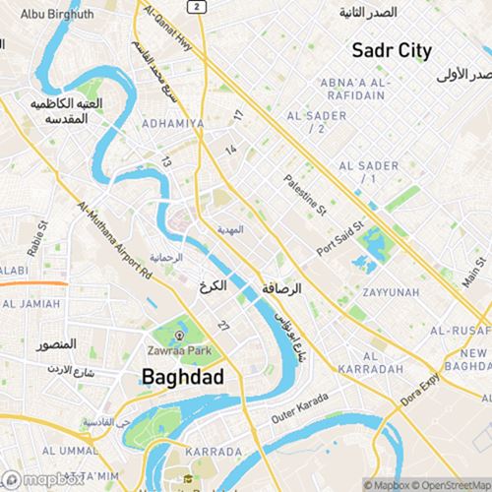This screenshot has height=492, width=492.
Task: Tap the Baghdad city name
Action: pyautogui.click(x=182, y=376)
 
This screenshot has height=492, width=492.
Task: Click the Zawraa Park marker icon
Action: pyautogui.click(x=179, y=336)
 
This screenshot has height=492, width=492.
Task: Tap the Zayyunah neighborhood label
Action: pyautogui.click(x=390, y=292)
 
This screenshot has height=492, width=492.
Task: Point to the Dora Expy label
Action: pyautogui.click(x=420, y=393)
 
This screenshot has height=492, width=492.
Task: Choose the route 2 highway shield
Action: pyautogui.click(x=198, y=7)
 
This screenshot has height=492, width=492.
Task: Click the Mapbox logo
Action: pyautogui.click(x=43, y=480)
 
